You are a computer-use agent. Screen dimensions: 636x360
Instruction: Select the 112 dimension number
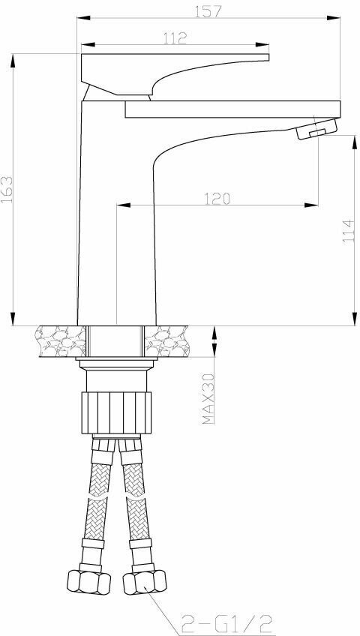(x=174, y=39)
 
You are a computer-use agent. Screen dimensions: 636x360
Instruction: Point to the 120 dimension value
(x=215, y=198)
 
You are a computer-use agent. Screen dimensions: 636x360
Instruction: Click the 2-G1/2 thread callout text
(x=223, y=621)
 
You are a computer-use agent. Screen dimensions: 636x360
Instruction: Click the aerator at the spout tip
(x=315, y=132)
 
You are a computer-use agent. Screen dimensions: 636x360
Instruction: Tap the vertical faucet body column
(x=116, y=225)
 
